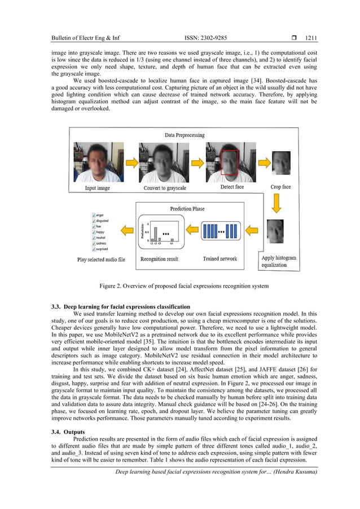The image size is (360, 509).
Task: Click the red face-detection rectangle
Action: [x=230, y=162]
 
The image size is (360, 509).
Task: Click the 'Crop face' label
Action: [x=280, y=186]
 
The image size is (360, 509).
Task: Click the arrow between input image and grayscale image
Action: [x=130, y=162]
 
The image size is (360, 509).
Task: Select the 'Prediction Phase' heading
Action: [x=187, y=209]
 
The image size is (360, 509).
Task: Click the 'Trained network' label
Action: [x=219, y=259]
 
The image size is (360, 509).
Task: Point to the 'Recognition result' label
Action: [x=159, y=259]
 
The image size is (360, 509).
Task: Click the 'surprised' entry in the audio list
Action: [x=102, y=248]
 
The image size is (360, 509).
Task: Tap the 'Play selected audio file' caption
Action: [x=102, y=260]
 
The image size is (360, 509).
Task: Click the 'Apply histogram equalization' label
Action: [x=278, y=261]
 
